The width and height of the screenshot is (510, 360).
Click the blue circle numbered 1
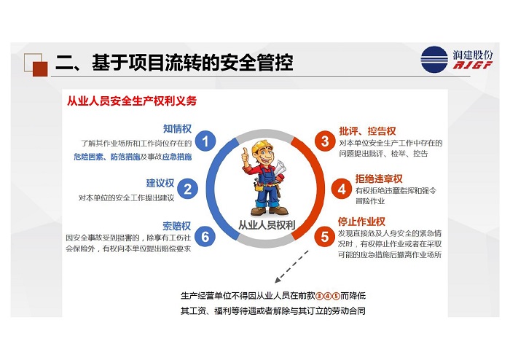click(205, 141)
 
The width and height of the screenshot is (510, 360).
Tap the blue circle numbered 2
click(187, 189)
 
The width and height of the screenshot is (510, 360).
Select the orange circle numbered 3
click(325, 141)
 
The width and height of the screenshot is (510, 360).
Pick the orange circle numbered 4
click(341, 189)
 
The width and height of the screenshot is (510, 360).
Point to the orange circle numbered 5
click(325, 236)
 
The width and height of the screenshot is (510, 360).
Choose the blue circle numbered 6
click(205, 236)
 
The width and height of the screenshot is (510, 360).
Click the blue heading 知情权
click(177, 129)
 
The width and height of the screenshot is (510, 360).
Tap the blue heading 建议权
click(160, 183)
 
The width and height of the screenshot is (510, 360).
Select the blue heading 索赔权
click(176, 226)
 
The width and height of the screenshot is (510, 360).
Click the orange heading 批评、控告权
click(367, 131)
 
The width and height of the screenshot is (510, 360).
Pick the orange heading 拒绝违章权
click(379, 179)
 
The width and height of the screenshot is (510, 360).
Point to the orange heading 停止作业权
click(361, 222)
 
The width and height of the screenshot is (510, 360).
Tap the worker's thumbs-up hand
click(246, 156)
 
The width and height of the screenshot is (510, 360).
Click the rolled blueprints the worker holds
click(280, 168)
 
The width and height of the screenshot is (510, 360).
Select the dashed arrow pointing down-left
click(291, 266)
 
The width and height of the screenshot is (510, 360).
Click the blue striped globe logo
click(434, 60)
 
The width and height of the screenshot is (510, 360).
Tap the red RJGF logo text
click(473, 65)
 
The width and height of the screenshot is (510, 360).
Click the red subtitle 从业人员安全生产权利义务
click(132, 101)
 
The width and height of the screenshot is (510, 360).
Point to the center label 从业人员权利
click(267, 225)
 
